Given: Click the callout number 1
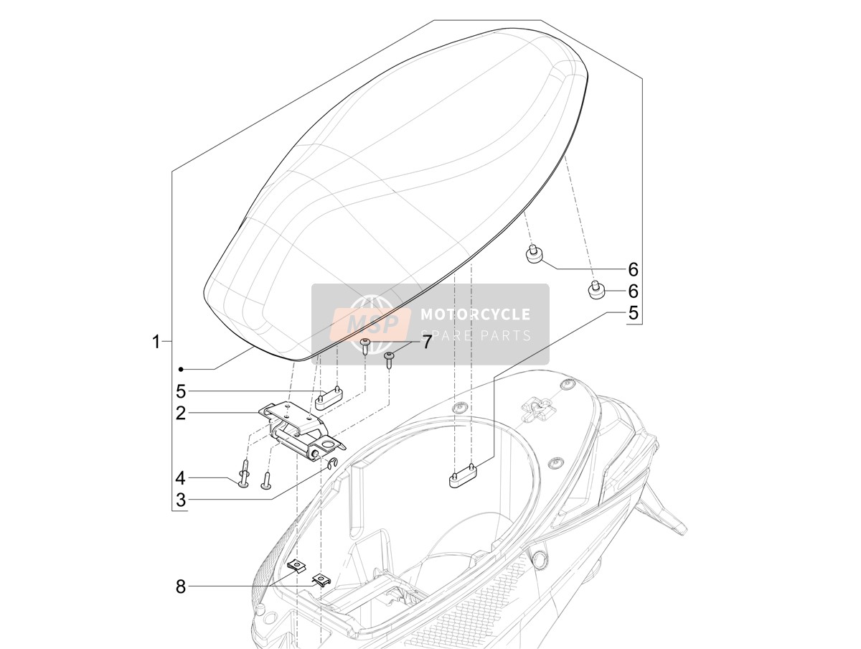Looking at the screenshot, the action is click(156, 342).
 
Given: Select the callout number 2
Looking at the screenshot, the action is click(180, 414).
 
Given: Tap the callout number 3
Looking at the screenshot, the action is click(180, 500).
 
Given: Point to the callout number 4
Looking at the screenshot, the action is click(180, 478).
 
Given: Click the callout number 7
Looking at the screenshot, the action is click(426, 342).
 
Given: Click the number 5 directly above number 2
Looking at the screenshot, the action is click(180, 391).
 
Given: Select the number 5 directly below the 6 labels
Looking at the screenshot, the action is click(633, 313).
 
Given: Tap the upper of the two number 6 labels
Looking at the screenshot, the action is click(633, 269).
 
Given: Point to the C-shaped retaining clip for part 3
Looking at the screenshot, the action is click(332, 463).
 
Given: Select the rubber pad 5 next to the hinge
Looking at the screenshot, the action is click(329, 397).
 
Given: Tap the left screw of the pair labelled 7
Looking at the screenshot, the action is click(365, 345).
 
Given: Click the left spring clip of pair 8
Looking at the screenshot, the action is click(297, 566).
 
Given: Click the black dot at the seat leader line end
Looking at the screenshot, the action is click(181, 369).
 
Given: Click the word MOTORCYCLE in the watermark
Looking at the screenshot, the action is click(476, 314).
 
